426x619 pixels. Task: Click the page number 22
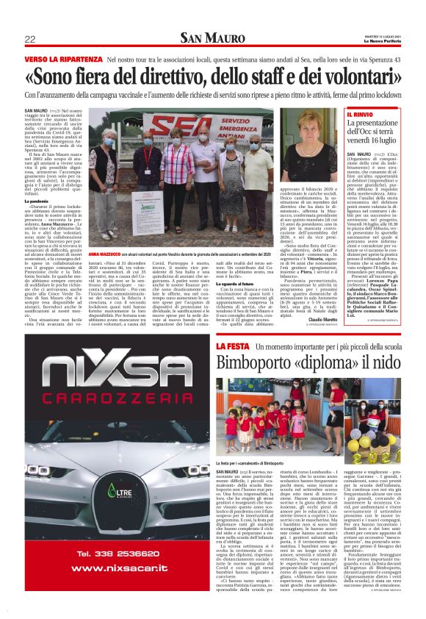(x=30, y=38)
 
